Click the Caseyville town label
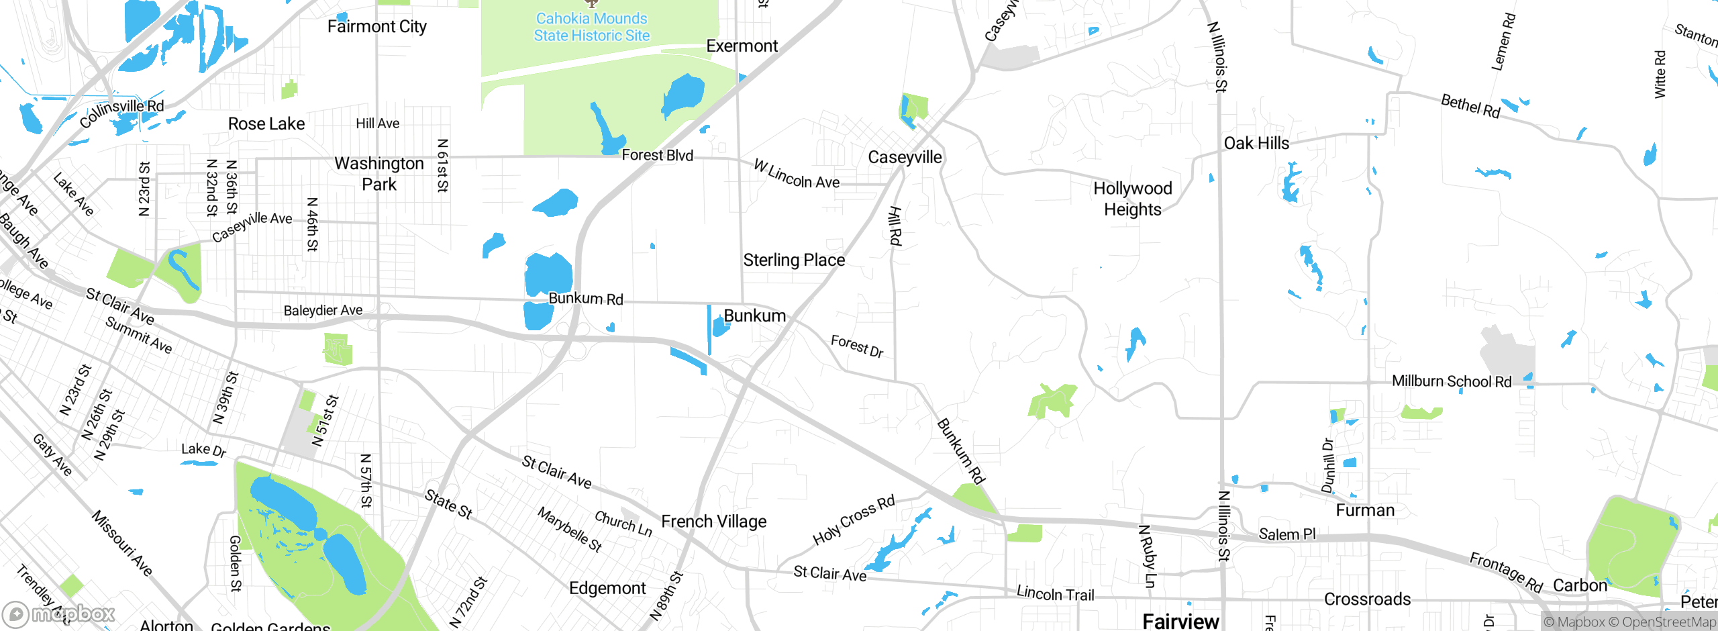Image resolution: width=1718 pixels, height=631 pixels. tap(905, 157)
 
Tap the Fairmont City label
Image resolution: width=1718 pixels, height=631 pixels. tap(376, 26)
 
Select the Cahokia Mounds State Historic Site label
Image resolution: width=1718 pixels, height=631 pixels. tap(591, 27)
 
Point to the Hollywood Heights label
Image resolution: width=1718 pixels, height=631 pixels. tap(1133, 199)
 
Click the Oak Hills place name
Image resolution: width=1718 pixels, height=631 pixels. tap(1256, 143)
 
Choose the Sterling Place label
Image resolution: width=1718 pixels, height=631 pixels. tap(794, 260)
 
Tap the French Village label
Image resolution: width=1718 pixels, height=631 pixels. tap(713, 522)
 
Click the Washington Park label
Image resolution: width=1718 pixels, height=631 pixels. tap(379, 173)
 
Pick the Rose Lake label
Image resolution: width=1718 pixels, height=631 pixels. tap(266, 124)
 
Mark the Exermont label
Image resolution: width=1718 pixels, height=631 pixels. tap(742, 46)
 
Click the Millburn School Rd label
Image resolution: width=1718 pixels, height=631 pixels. tap(1452, 381)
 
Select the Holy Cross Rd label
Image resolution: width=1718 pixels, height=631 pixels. tap(854, 520)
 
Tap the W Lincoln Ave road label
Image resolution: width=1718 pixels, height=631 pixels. tap(797, 174)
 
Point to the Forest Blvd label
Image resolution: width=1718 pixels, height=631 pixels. tap(657, 155)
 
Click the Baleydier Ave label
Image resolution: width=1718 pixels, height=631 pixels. tap(323, 310)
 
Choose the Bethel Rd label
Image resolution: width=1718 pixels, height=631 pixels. tap(1470, 106)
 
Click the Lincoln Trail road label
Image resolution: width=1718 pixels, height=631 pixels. tap(1055, 593)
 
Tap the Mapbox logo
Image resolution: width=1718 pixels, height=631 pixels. tap(59, 614)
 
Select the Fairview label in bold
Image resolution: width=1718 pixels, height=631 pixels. tap(1180, 621)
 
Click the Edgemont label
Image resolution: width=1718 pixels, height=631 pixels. tap(607, 588)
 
